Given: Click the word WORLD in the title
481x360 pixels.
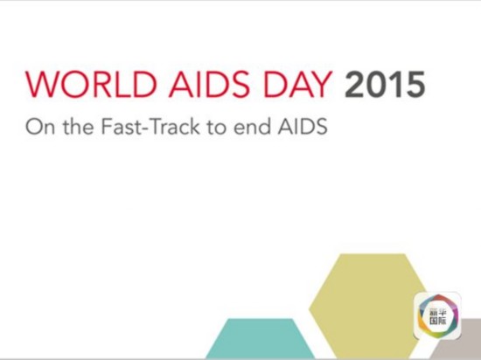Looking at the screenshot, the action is [x=91, y=84].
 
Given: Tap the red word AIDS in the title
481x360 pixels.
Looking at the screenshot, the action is [x=210, y=84].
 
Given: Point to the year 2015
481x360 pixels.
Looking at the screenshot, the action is [x=385, y=84].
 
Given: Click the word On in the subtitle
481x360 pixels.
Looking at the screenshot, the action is [x=40, y=127].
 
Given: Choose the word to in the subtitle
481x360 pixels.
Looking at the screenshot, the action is [x=217, y=128].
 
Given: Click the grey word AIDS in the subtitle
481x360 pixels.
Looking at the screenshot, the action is [x=303, y=127].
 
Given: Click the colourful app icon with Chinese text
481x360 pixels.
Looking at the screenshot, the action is [x=438, y=315].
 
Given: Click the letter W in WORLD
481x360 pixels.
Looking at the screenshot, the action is [x=42, y=84].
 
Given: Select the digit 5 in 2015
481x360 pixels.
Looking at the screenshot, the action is [x=415, y=85].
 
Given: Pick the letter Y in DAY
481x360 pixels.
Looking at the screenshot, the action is [x=321, y=84].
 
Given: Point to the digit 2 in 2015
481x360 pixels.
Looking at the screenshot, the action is [x=354, y=84].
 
